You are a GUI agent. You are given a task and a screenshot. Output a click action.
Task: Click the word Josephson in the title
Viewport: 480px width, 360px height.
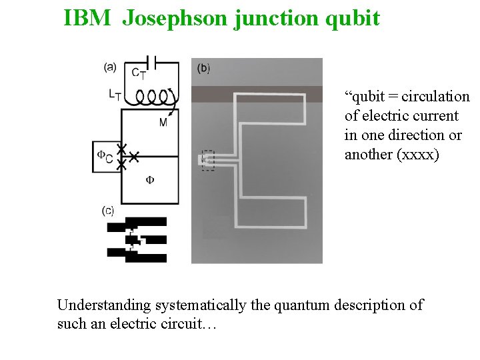coord(175,18)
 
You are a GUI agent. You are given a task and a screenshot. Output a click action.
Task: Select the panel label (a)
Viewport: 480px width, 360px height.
coord(110,66)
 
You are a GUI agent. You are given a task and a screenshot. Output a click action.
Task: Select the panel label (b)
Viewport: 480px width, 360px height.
coord(204,67)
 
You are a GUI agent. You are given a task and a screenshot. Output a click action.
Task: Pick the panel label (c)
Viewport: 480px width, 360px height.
coord(108,211)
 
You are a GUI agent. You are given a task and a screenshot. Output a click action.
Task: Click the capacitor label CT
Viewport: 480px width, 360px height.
coord(139,74)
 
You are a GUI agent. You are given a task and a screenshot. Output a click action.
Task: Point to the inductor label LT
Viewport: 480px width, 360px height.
coord(115,95)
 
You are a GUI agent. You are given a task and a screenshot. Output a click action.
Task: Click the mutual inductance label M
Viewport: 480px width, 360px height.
coord(163,123)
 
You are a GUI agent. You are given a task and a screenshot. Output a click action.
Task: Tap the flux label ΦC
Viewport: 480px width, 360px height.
coord(105,156)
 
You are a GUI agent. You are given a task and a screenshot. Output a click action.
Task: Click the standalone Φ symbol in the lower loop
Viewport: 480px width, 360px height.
coord(150,180)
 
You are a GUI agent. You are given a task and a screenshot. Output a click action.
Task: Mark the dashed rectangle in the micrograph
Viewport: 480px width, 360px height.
coord(208,160)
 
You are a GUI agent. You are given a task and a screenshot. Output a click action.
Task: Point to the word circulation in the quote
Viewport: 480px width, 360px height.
coord(439,97)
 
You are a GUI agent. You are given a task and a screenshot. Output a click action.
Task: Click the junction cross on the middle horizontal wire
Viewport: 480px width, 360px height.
coord(133,157)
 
